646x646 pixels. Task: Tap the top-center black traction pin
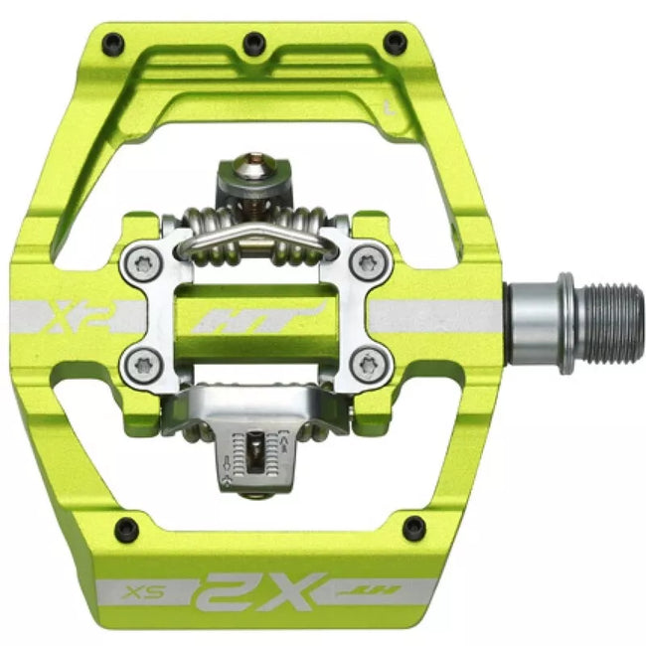(254, 42)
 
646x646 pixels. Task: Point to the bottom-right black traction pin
(414, 528)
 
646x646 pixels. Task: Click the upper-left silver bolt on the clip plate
(141, 263)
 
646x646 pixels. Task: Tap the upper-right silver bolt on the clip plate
(370, 263)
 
